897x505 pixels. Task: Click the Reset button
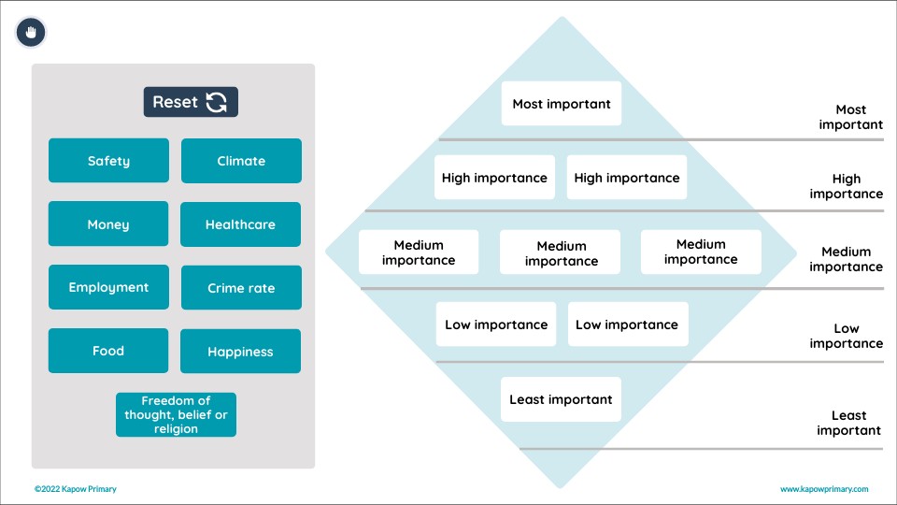point(191,102)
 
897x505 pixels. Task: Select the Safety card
point(108,161)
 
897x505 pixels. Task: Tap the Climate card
point(241,161)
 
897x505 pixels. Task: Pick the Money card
point(108,224)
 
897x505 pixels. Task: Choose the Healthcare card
point(241,224)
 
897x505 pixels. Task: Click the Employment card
point(108,287)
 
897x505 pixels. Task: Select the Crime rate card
point(241,288)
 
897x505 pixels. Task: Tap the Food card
point(108,351)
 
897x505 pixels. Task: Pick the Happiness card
point(241,352)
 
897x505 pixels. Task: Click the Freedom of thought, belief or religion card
point(176,414)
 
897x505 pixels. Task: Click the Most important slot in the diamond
point(562,104)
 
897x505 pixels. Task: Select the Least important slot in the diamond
point(561,399)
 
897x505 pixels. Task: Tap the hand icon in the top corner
point(31,33)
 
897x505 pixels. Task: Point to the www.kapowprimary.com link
point(824,489)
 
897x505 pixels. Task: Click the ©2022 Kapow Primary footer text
point(76,489)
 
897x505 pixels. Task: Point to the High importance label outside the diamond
point(847,186)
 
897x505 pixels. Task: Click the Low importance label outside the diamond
point(847,336)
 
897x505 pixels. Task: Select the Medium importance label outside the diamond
point(847,259)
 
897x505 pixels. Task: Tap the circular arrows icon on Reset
point(217,102)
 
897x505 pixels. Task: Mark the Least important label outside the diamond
point(848,423)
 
